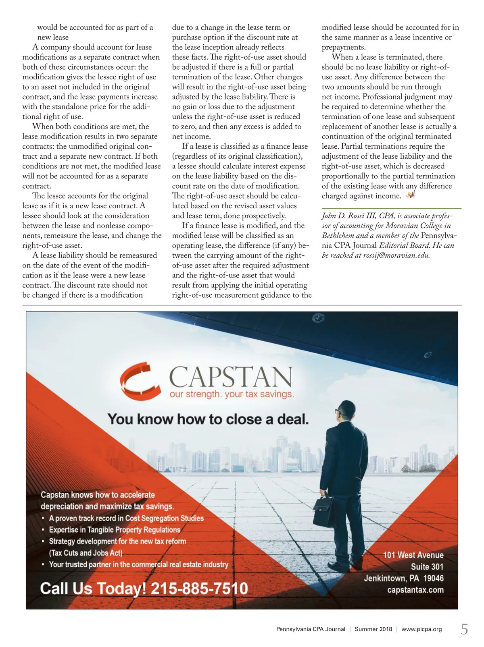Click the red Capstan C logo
click(136, 380)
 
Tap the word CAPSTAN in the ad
click(230, 377)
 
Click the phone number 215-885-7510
click(199, 589)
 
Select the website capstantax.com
click(415, 590)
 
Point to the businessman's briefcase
click(325, 511)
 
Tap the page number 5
click(464, 629)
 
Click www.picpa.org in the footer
click(421, 629)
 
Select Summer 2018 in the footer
click(373, 629)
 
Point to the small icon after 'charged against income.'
click(411, 195)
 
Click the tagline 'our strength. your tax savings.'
click(232, 394)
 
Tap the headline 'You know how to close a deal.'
click(208, 419)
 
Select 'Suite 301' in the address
click(427, 566)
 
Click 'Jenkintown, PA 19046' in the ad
click(404, 578)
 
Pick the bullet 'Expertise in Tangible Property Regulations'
click(115, 530)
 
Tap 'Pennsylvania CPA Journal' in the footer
click(311, 629)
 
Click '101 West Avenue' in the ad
click(413, 555)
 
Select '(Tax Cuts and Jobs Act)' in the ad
click(86, 553)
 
